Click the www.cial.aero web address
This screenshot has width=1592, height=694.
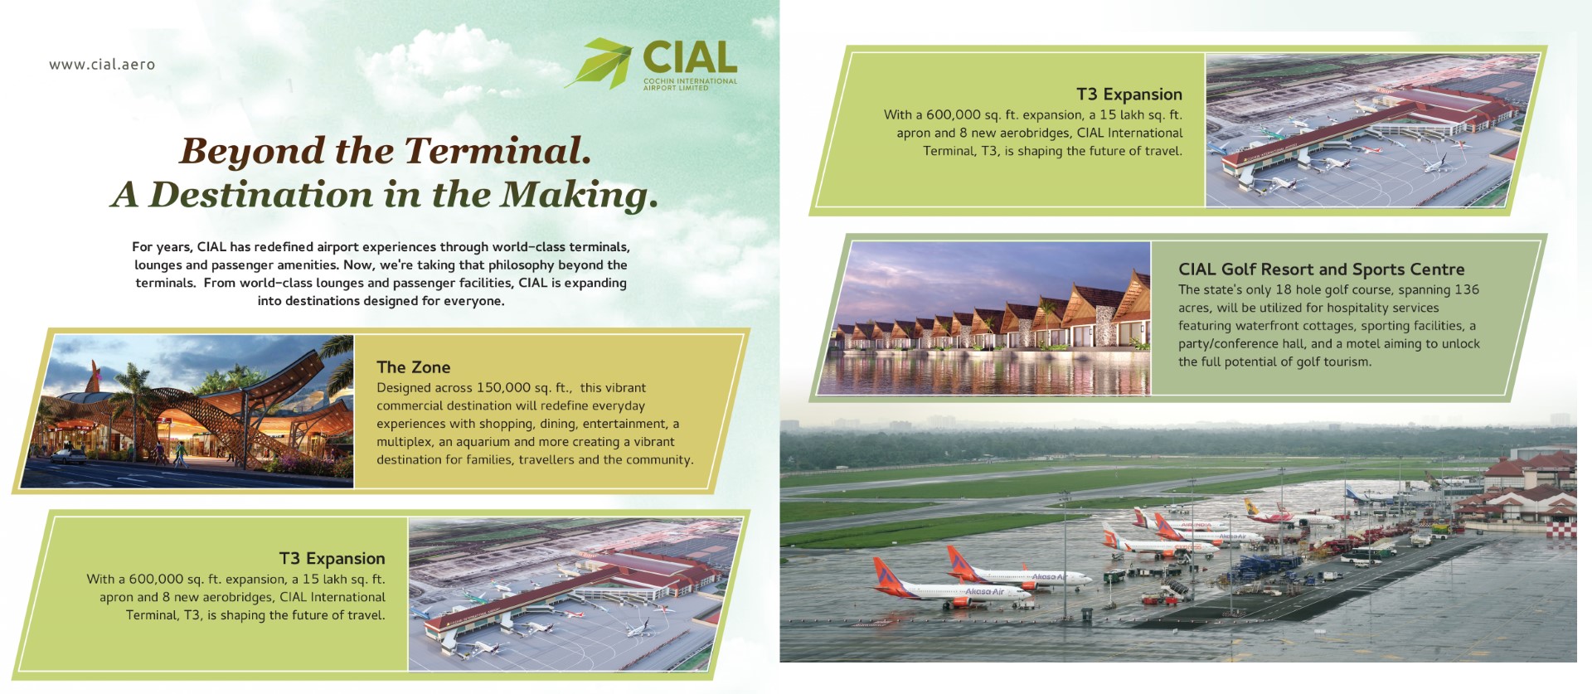pyautogui.click(x=102, y=65)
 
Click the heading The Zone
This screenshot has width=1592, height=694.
pyautogui.click(x=413, y=367)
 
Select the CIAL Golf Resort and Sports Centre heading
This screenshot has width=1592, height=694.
pyautogui.click(x=1322, y=269)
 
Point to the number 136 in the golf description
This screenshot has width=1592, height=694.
pyautogui.click(x=1467, y=290)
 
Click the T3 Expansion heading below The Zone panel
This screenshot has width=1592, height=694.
pyautogui.click(x=332, y=559)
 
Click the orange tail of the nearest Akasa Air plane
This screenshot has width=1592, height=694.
pyautogui.click(x=886, y=572)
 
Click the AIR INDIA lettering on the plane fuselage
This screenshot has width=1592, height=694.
pyautogui.click(x=1196, y=526)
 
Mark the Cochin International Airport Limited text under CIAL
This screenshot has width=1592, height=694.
pyautogui.click(x=690, y=84)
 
